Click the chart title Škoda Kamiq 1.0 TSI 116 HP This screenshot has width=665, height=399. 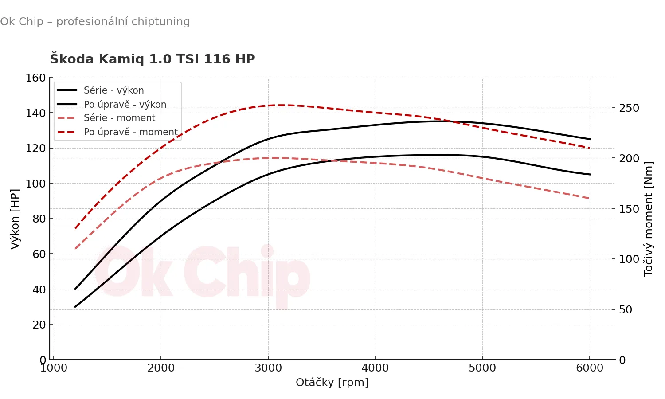[x=153, y=59]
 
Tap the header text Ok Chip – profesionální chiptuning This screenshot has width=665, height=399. [x=95, y=22]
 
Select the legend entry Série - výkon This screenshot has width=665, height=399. [x=113, y=90]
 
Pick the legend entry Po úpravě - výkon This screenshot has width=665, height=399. [x=125, y=105]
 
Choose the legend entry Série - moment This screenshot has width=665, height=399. [x=119, y=118]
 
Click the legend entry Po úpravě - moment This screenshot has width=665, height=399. [x=130, y=132]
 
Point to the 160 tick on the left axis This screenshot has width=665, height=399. [x=36, y=78]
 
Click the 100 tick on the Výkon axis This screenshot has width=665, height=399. [x=36, y=184]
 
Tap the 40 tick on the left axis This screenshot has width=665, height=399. [x=39, y=289]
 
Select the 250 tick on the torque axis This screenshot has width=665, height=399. [x=629, y=108]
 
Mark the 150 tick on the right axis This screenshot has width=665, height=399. [x=629, y=209]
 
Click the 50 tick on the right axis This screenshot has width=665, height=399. [x=626, y=309]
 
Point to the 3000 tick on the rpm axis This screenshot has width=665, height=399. [x=268, y=368]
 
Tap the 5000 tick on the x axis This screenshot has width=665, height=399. [x=482, y=368]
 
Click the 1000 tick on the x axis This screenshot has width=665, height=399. [x=54, y=368]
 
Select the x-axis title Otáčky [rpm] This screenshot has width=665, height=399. [x=332, y=382]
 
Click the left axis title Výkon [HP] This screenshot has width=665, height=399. [x=15, y=219]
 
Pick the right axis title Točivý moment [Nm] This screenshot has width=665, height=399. [x=648, y=219]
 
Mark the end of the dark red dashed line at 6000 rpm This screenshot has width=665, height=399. [x=589, y=148]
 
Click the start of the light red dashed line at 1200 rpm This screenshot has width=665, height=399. [x=75, y=248]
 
